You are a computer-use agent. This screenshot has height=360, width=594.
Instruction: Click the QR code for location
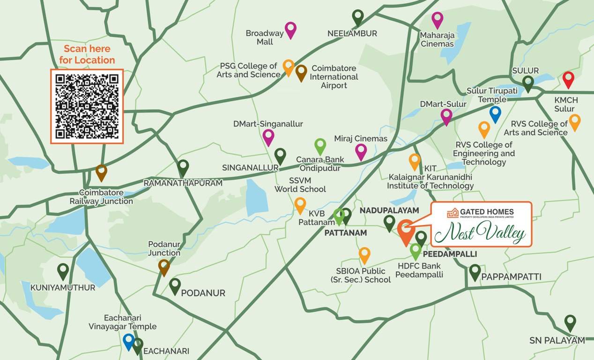point(87,106)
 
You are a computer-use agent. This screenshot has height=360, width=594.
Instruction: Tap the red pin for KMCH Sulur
point(568,79)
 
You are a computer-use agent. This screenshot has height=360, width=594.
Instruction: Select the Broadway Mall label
point(265,37)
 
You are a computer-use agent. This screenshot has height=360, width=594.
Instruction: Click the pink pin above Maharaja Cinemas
point(437,19)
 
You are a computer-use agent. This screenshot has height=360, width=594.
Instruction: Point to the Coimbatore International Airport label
point(334,77)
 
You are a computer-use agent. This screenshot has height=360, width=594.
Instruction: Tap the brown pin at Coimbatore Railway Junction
point(101,172)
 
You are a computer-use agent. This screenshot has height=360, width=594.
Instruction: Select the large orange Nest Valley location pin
point(405,230)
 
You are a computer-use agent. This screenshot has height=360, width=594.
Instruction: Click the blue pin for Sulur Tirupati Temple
point(495,113)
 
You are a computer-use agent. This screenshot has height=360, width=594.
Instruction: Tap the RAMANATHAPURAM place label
point(183,183)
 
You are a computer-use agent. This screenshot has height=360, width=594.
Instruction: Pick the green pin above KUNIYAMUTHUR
point(63,270)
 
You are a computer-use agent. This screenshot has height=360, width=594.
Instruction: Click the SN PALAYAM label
point(557,340)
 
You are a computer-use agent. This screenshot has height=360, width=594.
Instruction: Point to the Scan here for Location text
point(87,54)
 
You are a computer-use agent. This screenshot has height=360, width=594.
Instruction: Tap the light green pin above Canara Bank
point(320,146)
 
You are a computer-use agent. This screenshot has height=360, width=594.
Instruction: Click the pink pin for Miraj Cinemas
point(361,151)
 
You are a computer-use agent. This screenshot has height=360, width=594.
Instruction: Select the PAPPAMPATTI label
point(511,277)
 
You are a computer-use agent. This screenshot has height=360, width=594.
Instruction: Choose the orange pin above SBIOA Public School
point(364,255)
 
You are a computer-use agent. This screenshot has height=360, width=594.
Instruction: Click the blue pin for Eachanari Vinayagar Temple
point(128,341)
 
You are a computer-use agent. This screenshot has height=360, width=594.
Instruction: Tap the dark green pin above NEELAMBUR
point(358,17)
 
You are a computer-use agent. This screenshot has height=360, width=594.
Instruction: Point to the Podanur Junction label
point(164,248)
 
